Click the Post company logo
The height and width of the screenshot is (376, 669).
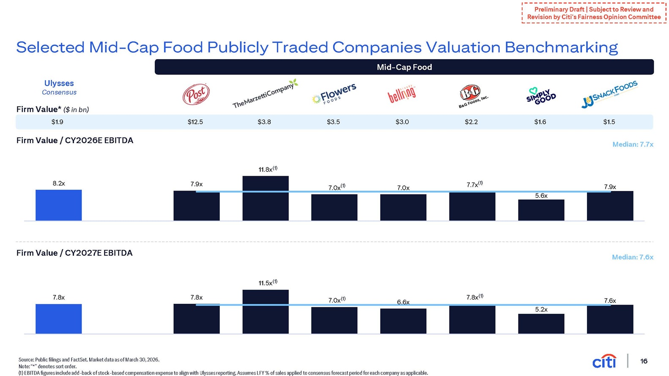pos(196,94)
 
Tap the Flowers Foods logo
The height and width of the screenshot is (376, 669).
pos(334,93)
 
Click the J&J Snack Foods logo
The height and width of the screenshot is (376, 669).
pos(609,94)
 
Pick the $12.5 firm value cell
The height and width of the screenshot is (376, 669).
pos(195,122)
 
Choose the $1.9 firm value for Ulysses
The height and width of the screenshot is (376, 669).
pos(57,122)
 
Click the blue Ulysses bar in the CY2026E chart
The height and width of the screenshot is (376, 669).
pos(58,205)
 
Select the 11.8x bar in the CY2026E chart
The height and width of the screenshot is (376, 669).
pos(266,199)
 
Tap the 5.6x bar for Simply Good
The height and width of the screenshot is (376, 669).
pos(541,210)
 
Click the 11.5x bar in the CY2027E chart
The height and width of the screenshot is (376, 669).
pos(266,311)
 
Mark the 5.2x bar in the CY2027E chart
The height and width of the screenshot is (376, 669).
pos(541,324)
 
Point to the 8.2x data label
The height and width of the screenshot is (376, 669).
pos(59,183)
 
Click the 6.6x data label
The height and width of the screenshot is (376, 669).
pos(403,302)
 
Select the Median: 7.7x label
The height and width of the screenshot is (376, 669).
pos(633,144)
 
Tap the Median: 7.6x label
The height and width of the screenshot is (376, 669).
pos(633,257)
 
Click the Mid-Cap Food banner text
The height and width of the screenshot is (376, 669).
pos(404,67)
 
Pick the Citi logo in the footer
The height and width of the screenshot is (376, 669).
pos(604,361)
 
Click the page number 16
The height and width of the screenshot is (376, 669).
pos(644,361)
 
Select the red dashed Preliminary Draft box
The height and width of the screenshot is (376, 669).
pos(594,13)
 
